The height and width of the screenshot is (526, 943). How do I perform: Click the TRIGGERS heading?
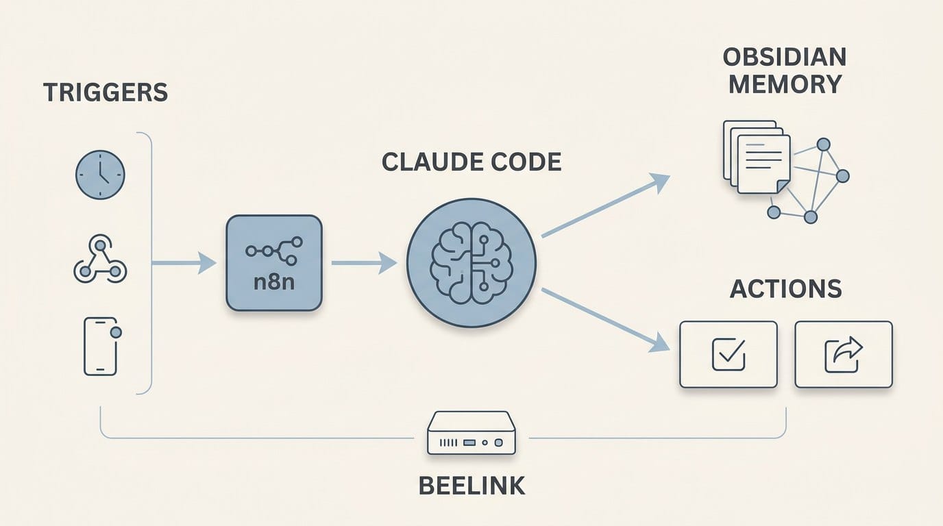click(x=106, y=92)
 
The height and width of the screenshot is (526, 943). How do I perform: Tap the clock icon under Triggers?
click(x=100, y=175)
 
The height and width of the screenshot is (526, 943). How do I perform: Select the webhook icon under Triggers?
click(x=100, y=259)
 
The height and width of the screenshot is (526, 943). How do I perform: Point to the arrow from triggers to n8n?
click(x=184, y=263)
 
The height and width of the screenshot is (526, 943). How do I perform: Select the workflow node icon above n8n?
click(x=274, y=251)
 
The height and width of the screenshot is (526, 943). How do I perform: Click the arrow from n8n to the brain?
click(x=364, y=263)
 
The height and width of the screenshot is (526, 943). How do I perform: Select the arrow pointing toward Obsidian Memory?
click(x=605, y=205)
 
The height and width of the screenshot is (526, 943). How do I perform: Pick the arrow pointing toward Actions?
click(x=605, y=321)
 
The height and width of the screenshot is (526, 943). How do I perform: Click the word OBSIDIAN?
click(x=785, y=58)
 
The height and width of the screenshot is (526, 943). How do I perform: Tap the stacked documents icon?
click(x=757, y=157)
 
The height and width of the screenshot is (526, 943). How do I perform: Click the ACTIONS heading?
click(x=785, y=289)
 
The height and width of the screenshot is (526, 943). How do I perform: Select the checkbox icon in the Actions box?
click(x=728, y=355)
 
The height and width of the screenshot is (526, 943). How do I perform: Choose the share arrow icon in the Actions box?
click(x=843, y=355)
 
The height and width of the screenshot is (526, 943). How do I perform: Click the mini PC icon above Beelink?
click(x=472, y=433)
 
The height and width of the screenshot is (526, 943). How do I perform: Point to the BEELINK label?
click(x=472, y=486)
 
